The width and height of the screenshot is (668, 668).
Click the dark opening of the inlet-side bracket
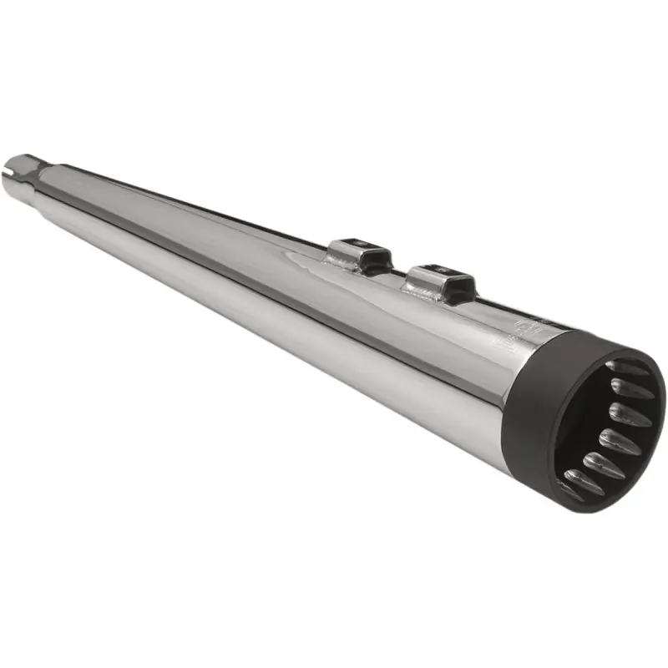(x=372, y=259)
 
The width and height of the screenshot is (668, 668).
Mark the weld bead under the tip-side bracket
(x=422, y=290)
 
